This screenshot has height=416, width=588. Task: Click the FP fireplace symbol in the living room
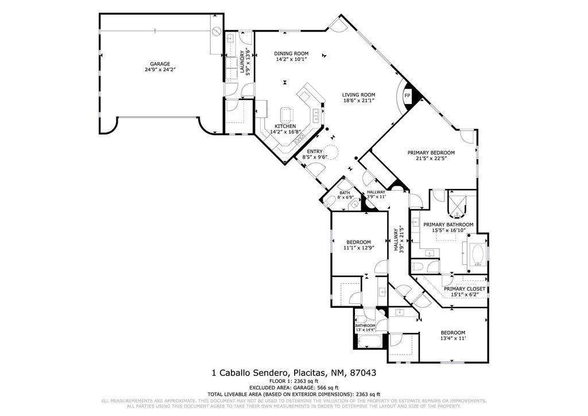tap(408, 95)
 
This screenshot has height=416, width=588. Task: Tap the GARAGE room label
tap(160, 64)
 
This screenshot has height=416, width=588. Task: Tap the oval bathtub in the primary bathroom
tap(477, 255)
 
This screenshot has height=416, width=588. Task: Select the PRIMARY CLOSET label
tap(465, 289)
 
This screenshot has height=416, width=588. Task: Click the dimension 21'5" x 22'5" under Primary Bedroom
tap(431, 159)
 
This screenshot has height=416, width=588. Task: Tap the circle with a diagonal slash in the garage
tap(216, 31)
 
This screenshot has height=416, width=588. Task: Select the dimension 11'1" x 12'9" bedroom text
tap(358, 248)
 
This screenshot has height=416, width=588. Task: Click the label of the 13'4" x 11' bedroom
tap(452, 333)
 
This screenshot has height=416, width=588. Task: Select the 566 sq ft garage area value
tap(314, 388)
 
